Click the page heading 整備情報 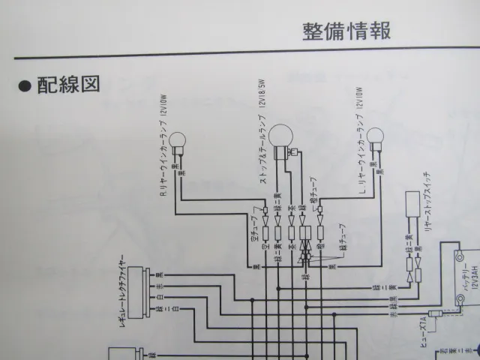point(346,32)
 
